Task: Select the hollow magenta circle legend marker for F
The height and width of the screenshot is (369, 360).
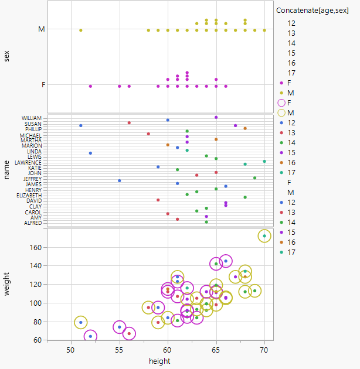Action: [x=281, y=102]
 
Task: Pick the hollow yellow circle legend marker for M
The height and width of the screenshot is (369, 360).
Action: [x=281, y=112]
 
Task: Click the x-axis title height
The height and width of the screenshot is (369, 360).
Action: [x=159, y=361]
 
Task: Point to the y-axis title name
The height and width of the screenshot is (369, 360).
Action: [x=7, y=170]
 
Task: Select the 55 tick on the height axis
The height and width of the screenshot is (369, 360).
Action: [x=120, y=350]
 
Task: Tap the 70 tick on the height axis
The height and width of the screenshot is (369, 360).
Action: [x=264, y=350]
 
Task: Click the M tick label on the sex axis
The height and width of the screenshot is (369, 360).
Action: [x=40, y=29]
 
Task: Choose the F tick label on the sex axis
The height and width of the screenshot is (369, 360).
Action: [x=42, y=85]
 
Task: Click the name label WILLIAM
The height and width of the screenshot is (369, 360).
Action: [x=32, y=118]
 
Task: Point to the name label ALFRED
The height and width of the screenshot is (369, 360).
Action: [x=33, y=223]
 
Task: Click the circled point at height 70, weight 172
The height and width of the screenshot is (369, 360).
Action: [x=264, y=236]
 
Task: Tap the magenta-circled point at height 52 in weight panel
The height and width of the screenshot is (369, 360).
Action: [x=90, y=336]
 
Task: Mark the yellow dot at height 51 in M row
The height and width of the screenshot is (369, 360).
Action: [x=81, y=30]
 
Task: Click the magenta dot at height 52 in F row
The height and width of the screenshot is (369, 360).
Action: [x=90, y=86]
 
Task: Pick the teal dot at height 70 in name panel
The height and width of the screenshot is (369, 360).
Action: [x=264, y=161]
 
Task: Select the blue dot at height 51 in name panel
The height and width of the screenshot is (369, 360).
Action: [x=81, y=125]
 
